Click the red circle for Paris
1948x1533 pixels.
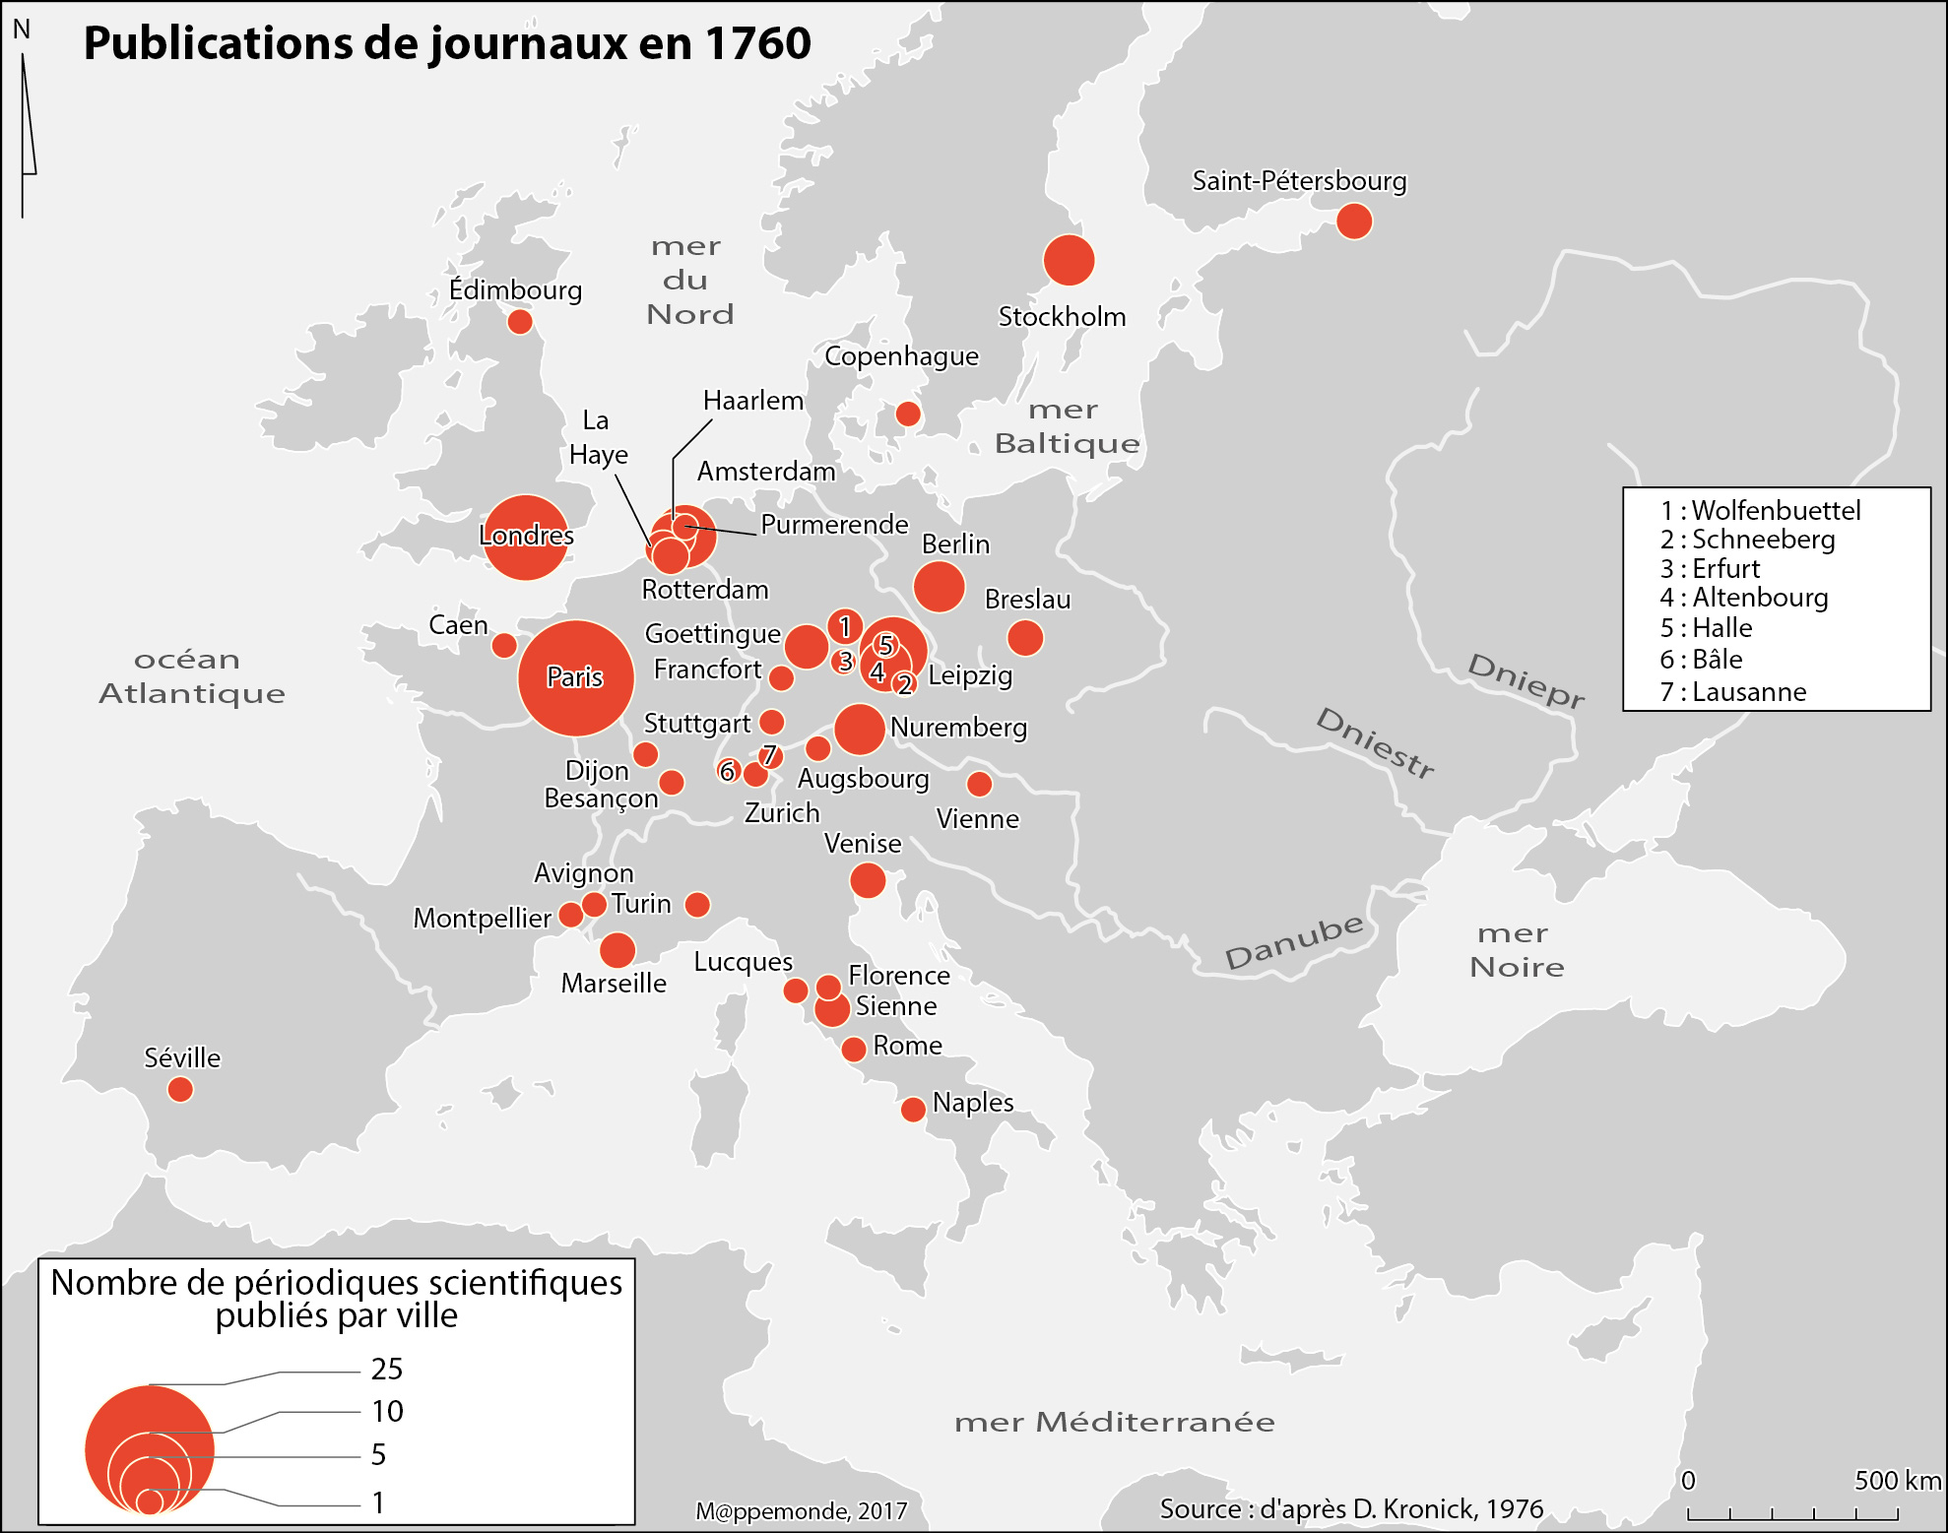(x=576, y=678)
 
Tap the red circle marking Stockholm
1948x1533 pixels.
(x=1069, y=261)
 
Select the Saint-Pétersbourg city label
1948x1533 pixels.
(x=1299, y=181)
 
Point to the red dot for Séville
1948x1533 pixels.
(x=180, y=1090)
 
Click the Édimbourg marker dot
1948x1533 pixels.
(x=520, y=322)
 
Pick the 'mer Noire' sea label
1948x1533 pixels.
(x=1516, y=950)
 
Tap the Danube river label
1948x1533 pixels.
(x=1293, y=941)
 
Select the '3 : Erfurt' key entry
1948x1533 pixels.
(x=1710, y=569)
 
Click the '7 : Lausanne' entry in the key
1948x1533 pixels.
(x=1733, y=692)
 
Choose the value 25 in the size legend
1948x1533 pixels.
(x=387, y=1370)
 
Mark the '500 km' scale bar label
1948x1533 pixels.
(x=1897, y=1481)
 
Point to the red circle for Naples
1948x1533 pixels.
(x=913, y=1110)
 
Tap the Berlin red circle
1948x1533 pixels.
(x=939, y=587)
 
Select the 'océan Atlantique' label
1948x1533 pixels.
(x=192, y=676)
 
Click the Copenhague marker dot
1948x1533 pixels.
(x=908, y=415)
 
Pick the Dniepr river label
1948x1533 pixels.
(x=1526, y=679)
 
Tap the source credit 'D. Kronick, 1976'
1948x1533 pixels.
(x=1448, y=1509)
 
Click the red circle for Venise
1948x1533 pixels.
(x=868, y=880)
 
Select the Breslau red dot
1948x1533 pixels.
(x=1025, y=638)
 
